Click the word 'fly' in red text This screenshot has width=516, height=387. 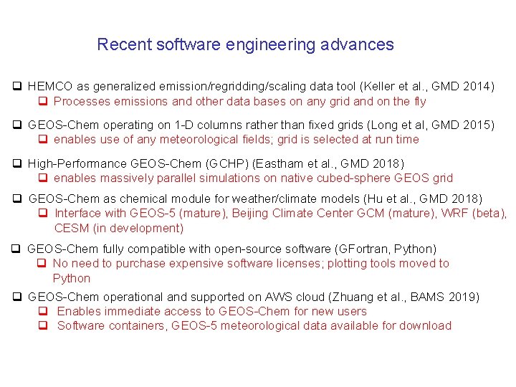420,101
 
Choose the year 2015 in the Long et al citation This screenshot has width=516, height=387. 476,125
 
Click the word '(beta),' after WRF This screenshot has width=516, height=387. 489,213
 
